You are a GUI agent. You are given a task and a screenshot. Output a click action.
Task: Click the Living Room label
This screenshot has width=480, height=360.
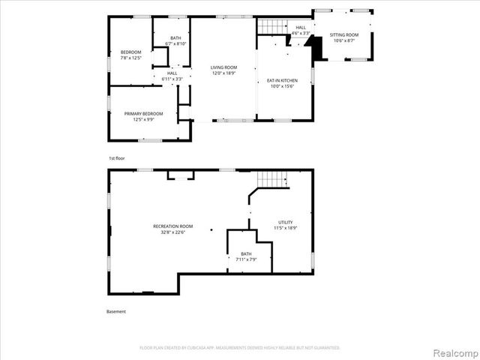223,70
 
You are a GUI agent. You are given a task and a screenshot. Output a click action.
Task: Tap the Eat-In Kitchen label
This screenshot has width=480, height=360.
282,83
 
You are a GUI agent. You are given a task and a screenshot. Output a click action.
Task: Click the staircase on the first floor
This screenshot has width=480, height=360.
274,26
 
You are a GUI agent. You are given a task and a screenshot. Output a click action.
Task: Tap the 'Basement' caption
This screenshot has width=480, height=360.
116,311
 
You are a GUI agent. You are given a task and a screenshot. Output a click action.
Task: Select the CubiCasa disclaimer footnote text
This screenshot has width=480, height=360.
240,347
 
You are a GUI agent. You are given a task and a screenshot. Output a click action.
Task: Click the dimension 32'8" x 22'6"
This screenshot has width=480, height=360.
172,232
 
